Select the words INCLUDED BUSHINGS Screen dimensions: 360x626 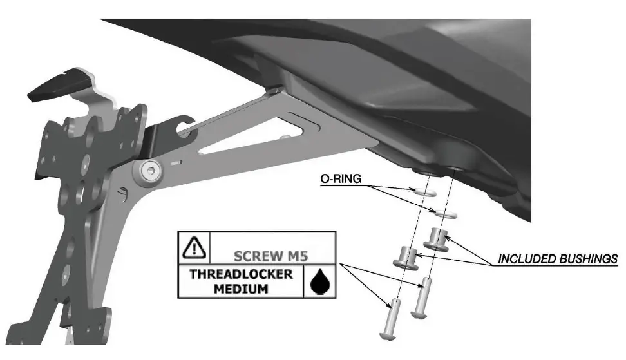558,260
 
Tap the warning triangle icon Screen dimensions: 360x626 194,246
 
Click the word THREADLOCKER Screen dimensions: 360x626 240,274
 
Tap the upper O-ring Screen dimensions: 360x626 426,192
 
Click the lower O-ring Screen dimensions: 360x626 446,213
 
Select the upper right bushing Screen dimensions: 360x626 435,238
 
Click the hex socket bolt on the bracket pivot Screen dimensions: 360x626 149,171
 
